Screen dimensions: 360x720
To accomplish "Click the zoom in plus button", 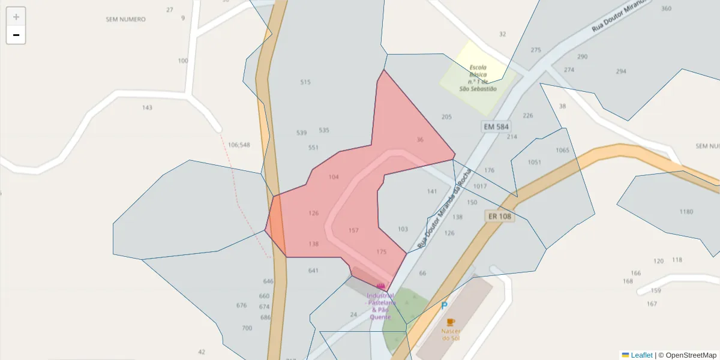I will click(x=16, y=17).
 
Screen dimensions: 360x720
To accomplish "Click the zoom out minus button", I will click(x=16, y=35).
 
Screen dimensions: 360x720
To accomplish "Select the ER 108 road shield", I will click(x=499, y=216).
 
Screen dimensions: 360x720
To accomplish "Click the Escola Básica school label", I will click(x=478, y=78).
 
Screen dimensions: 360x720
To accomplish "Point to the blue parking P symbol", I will click(x=445, y=306).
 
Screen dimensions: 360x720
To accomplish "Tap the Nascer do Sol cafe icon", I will click(x=451, y=322).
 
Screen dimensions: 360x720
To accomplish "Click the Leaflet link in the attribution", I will click(x=641, y=355).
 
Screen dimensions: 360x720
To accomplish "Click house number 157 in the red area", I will click(x=353, y=230).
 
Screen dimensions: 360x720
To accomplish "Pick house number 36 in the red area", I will click(x=420, y=140).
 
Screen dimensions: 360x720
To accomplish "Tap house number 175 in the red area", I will click(x=382, y=251).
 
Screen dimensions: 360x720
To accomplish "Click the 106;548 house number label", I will click(x=239, y=145).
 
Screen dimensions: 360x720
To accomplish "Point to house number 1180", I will click(x=686, y=212).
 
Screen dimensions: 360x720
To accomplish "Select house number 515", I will click(x=305, y=82).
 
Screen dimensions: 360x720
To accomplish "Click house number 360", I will click(x=666, y=8).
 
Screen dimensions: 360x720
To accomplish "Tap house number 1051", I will click(x=534, y=162).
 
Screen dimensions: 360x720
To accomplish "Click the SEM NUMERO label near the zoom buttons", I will click(x=125, y=19).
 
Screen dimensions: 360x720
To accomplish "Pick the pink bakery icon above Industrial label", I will click(x=380, y=286).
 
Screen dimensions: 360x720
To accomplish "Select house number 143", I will click(x=147, y=108).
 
